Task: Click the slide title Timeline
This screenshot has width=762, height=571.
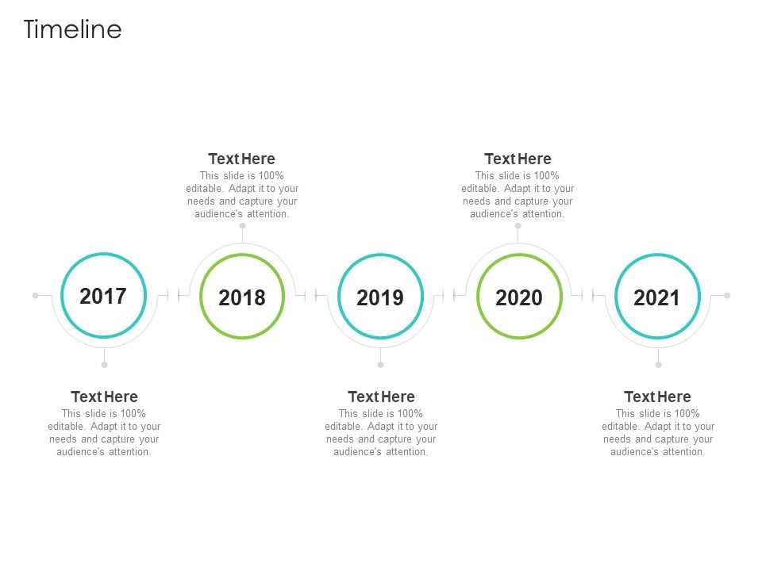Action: (72, 29)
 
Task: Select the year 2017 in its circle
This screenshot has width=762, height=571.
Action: (103, 296)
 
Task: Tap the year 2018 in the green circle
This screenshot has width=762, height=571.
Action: (242, 297)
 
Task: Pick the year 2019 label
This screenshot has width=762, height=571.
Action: (380, 297)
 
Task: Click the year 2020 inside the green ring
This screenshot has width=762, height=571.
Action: (518, 297)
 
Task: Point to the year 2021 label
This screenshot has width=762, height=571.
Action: (657, 297)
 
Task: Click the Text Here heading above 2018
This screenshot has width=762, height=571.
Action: (241, 159)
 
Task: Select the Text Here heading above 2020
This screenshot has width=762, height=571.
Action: (518, 159)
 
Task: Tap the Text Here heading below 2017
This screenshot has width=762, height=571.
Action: (104, 397)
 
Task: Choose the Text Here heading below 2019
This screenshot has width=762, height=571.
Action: (381, 397)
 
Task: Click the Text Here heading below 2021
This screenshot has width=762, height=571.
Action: (657, 397)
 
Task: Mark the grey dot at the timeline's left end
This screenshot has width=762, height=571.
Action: (36, 295)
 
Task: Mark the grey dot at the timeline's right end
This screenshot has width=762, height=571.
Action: (727, 295)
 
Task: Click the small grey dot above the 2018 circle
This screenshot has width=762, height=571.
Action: (242, 226)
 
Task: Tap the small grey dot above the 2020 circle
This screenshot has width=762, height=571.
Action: (518, 226)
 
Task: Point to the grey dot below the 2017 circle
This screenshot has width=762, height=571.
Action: (104, 365)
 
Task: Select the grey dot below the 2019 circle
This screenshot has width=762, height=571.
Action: (380, 365)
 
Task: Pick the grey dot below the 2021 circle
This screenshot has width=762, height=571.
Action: (658, 365)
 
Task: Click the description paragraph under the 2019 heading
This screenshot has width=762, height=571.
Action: (381, 432)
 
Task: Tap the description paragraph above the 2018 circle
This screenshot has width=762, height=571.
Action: (242, 194)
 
